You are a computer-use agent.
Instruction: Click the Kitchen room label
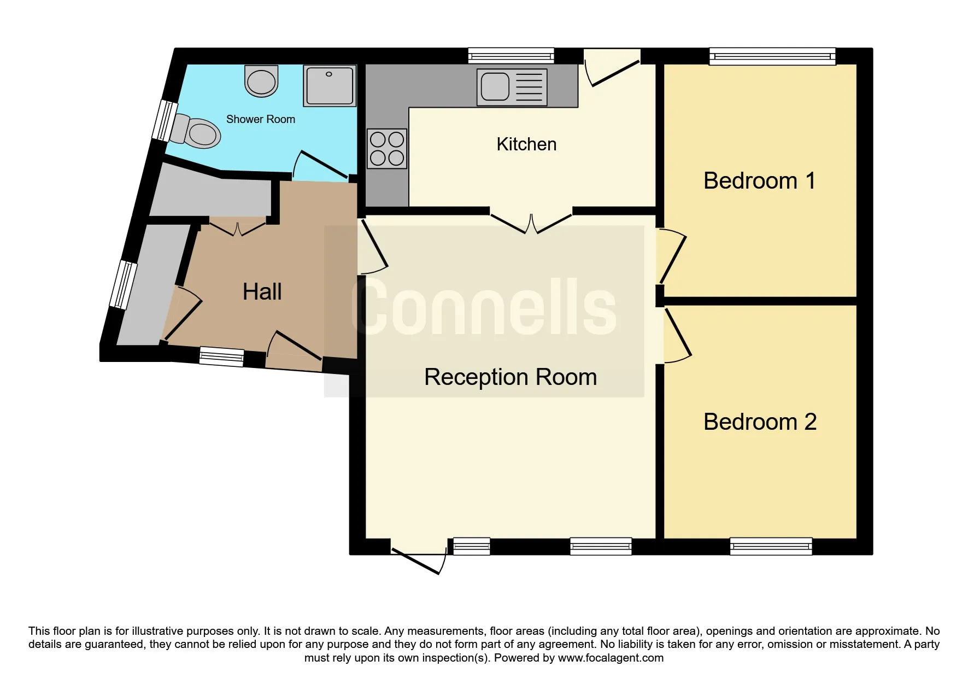526,144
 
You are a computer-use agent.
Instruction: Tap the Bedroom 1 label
759,181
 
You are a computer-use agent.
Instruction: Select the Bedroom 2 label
760,422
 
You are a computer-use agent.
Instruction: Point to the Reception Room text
511,377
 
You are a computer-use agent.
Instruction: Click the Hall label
262,291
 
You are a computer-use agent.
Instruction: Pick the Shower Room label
261,119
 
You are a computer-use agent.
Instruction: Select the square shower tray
330,86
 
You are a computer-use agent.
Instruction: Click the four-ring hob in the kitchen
387,149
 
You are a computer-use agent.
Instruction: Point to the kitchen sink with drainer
512,87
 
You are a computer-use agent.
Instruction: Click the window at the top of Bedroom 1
772,56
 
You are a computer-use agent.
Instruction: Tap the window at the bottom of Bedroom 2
771,546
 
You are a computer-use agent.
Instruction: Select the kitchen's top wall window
512,56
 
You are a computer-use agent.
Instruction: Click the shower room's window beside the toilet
164,120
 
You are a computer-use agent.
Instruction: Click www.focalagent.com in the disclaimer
611,658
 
